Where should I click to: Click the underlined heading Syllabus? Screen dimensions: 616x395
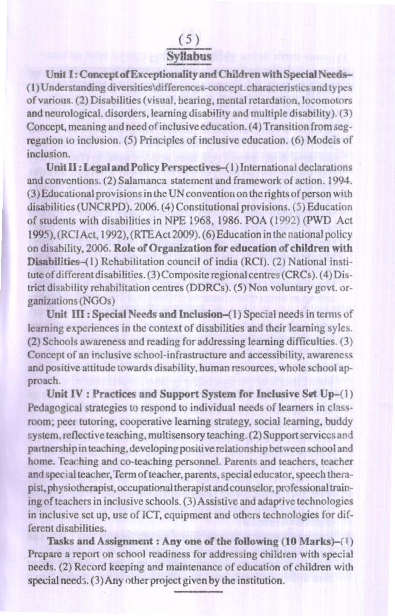pyautogui.click(x=190, y=57)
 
